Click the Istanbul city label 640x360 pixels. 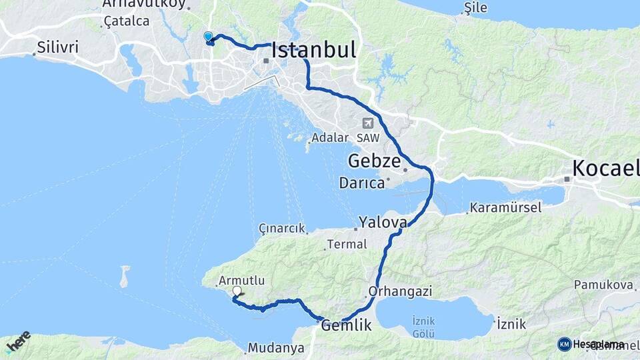point(313,51)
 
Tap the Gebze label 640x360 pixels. point(374,161)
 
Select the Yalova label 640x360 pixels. point(382,221)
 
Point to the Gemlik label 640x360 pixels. point(346,325)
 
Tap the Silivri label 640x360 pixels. point(58,47)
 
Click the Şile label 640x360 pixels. point(476,8)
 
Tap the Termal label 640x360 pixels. point(346,245)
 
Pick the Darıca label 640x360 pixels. point(361,183)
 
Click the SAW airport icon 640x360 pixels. point(367,123)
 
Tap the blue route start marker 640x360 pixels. point(209,37)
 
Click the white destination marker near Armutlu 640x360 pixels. point(237,291)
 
